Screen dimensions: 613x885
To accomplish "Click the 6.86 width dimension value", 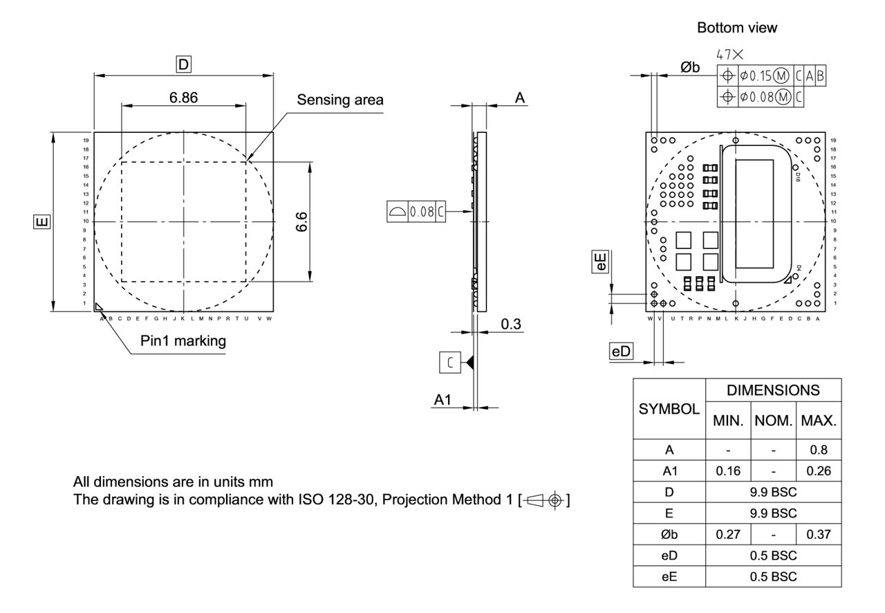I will click(x=183, y=98).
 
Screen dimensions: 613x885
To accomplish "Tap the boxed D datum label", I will click(x=183, y=65).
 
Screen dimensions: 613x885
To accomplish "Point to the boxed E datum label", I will click(x=42, y=221).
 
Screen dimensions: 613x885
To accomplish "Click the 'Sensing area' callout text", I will click(x=339, y=100).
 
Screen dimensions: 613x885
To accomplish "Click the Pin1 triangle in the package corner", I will click(x=99, y=306).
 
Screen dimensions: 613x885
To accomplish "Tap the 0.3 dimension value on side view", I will click(x=511, y=324).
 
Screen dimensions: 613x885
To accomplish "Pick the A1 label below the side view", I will click(x=442, y=399).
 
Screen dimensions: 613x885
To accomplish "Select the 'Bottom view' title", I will click(x=736, y=28).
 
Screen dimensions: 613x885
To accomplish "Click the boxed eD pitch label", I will click(x=620, y=351).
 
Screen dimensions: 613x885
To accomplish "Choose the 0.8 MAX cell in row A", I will click(x=818, y=450).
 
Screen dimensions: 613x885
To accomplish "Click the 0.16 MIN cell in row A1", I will click(x=728, y=470).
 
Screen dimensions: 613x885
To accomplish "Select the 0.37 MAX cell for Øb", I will click(x=818, y=535).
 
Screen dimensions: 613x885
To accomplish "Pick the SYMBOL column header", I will click(x=669, y=409).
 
